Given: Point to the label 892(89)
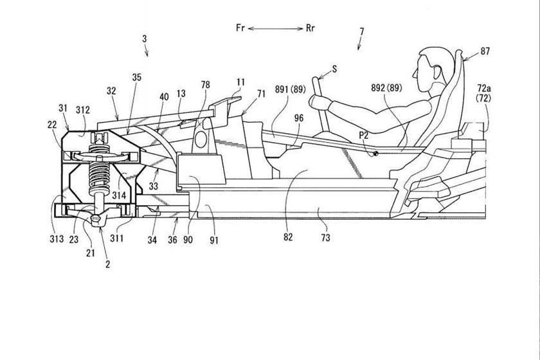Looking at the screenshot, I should (386, 87).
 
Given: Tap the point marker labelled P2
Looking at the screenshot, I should (372, 154).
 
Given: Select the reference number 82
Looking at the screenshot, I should (287, 237).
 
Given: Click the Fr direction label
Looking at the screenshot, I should (239, 28).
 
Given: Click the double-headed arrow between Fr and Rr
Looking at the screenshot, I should (276, 28).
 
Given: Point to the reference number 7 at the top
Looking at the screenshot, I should (361, 32).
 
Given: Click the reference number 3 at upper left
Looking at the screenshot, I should (145, 39).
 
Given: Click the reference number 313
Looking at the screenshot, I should (56, 239).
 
